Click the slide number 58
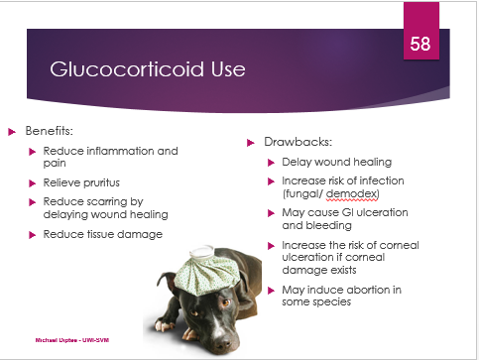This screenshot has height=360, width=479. tap(420, 44)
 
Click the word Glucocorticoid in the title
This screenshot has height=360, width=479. tap(127, 68)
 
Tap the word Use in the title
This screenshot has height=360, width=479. tap(228, 69)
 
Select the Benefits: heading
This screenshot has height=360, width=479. tap(50, 131)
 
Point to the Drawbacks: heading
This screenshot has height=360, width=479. tap(299, 142)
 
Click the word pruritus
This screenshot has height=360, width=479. tap(100, 182)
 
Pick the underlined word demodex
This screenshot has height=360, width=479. tap(351, 193)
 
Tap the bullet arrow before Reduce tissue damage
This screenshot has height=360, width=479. tap(32, 235)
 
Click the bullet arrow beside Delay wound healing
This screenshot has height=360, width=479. tap(271, 163)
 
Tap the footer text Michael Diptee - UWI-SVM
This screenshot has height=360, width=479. tap(72, 340)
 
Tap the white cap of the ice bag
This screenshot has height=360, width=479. tap(202, 252)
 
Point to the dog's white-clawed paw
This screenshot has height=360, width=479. tap(164, 325)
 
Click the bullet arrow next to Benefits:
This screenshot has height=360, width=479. tap(12, 132)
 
